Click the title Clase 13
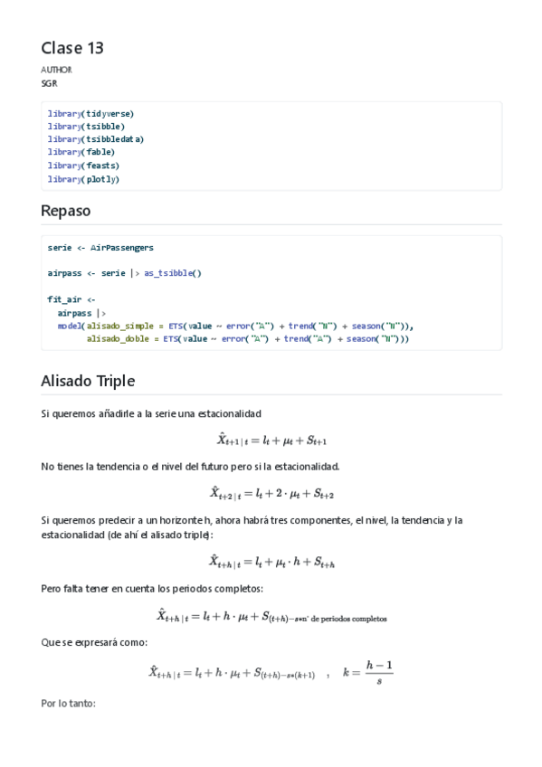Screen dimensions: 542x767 point(72,48)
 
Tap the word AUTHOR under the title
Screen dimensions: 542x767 point(56,70)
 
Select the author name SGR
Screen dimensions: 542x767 point(49,83)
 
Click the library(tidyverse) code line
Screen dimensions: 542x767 point(90,113)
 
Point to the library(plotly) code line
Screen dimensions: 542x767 point(83,179)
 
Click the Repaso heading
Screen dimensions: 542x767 point(65,211)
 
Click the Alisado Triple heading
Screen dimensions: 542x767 point(87,381)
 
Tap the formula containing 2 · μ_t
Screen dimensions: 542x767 point(271,493)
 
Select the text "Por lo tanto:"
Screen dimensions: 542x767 point(68,704)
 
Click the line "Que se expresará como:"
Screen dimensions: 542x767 point(94,642)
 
